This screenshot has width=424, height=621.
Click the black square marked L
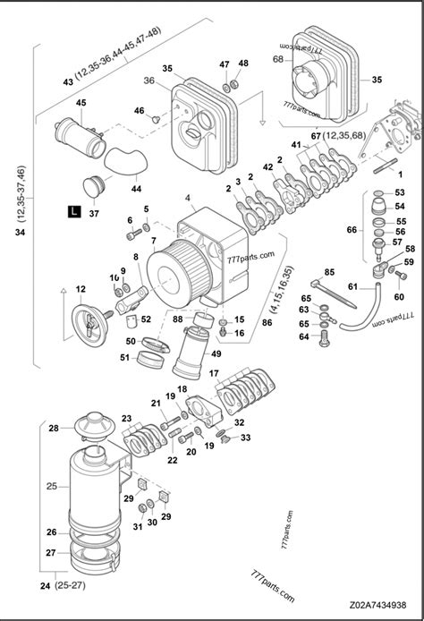coord(73,212)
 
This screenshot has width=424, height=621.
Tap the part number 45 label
coord(81,104)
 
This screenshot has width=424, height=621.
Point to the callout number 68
coord(277,59)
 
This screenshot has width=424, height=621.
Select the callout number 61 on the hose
coord(353,287)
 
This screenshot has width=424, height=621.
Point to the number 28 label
coord(54,430)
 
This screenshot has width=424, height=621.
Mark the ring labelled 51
coord(148,360)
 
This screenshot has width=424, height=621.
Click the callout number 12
coord(81,289)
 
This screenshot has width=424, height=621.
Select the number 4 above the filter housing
coord(187,197)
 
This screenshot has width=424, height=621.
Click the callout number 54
coord(399,207)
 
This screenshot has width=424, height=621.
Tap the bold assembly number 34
coord(20,233)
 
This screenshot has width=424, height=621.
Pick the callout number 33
coord(245,438)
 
